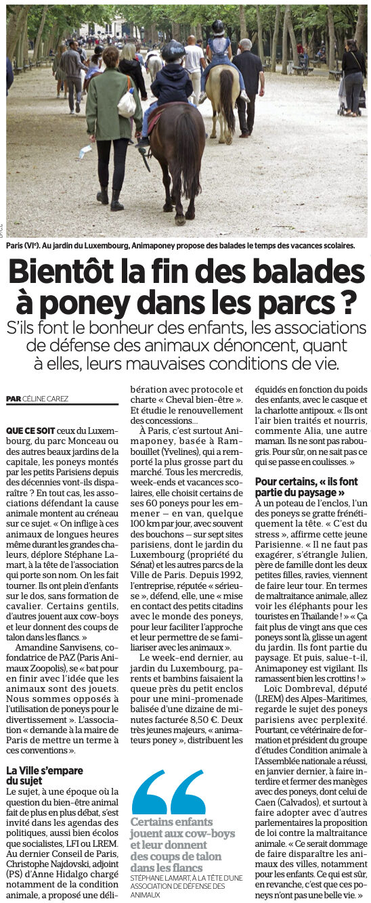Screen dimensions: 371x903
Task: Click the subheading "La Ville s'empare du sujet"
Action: [x=45, y=776]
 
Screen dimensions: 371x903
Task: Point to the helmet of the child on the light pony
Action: [x=218, y=28]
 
